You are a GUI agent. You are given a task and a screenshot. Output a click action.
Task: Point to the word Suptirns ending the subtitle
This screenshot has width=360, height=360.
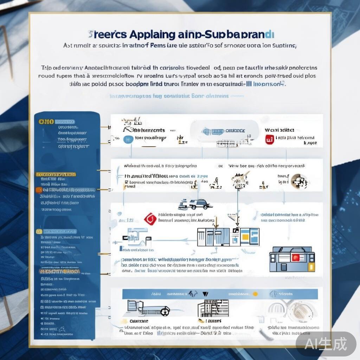tap(283, 45)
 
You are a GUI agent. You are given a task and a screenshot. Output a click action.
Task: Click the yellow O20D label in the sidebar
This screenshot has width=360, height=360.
tap(46, 122)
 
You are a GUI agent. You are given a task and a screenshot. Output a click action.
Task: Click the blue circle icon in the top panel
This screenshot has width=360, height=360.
tap(129, 139)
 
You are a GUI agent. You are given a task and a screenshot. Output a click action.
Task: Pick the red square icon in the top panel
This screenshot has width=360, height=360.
tap(269, 139)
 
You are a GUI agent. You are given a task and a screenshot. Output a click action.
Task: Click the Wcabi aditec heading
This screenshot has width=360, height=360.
tap(279, 130)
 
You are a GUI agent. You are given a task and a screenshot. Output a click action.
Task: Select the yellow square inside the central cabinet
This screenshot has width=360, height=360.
tap(244, 237)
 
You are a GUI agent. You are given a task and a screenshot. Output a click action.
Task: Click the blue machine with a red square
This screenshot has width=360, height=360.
tap(292, 259)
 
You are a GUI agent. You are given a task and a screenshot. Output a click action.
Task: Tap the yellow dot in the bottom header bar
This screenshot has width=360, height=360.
tap(255, 294)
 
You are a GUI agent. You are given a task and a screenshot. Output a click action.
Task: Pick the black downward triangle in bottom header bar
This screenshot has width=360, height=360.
tap(206, 294)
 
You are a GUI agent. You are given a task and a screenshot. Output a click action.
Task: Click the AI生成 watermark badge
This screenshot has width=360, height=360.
tap(326, 344)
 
